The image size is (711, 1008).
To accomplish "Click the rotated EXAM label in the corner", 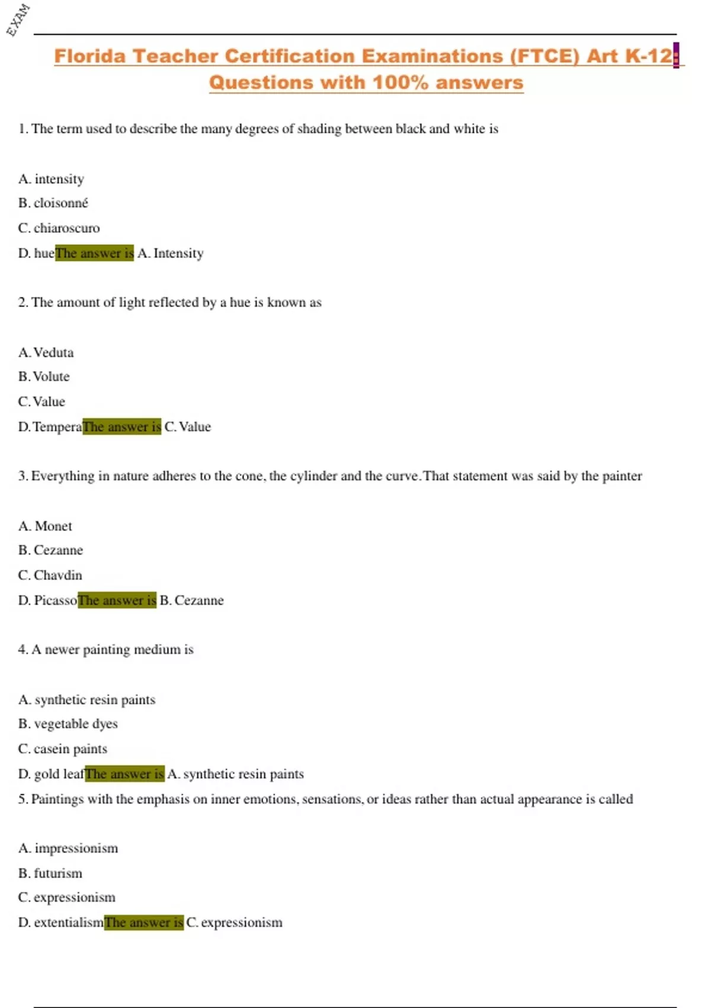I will click(x=18, y=19).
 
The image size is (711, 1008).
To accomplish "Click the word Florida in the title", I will click(x=90, y=56).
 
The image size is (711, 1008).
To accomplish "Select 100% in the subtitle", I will click(x=401, y=82).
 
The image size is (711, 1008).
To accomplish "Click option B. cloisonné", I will click(x=53, y=203).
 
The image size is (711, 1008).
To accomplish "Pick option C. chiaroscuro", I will click(x=59, y=228).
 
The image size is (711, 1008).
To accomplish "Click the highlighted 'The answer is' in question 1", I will click(x=94, y=253).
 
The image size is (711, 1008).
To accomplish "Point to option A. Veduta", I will click(x=46, y=353).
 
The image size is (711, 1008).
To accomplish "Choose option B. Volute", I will click(x=44, y=377).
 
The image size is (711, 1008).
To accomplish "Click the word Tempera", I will click(x=57, y=427).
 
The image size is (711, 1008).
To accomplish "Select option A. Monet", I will click(x=45, y=527).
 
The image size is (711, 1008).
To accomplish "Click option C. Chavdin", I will click(x=50, y=576).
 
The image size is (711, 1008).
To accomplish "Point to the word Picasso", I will click(x=55, y=601).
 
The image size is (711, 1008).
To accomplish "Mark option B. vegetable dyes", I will click(x=68, y=724).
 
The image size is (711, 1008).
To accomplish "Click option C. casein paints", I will click(x=63, y=749).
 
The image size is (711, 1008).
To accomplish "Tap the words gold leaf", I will click(x=59, y=774).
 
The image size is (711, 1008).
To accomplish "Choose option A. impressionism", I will click(x=68, y=848).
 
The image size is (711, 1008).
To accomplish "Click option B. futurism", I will click(x=50, y=873).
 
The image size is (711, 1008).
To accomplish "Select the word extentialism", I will click(x=68, y=923).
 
